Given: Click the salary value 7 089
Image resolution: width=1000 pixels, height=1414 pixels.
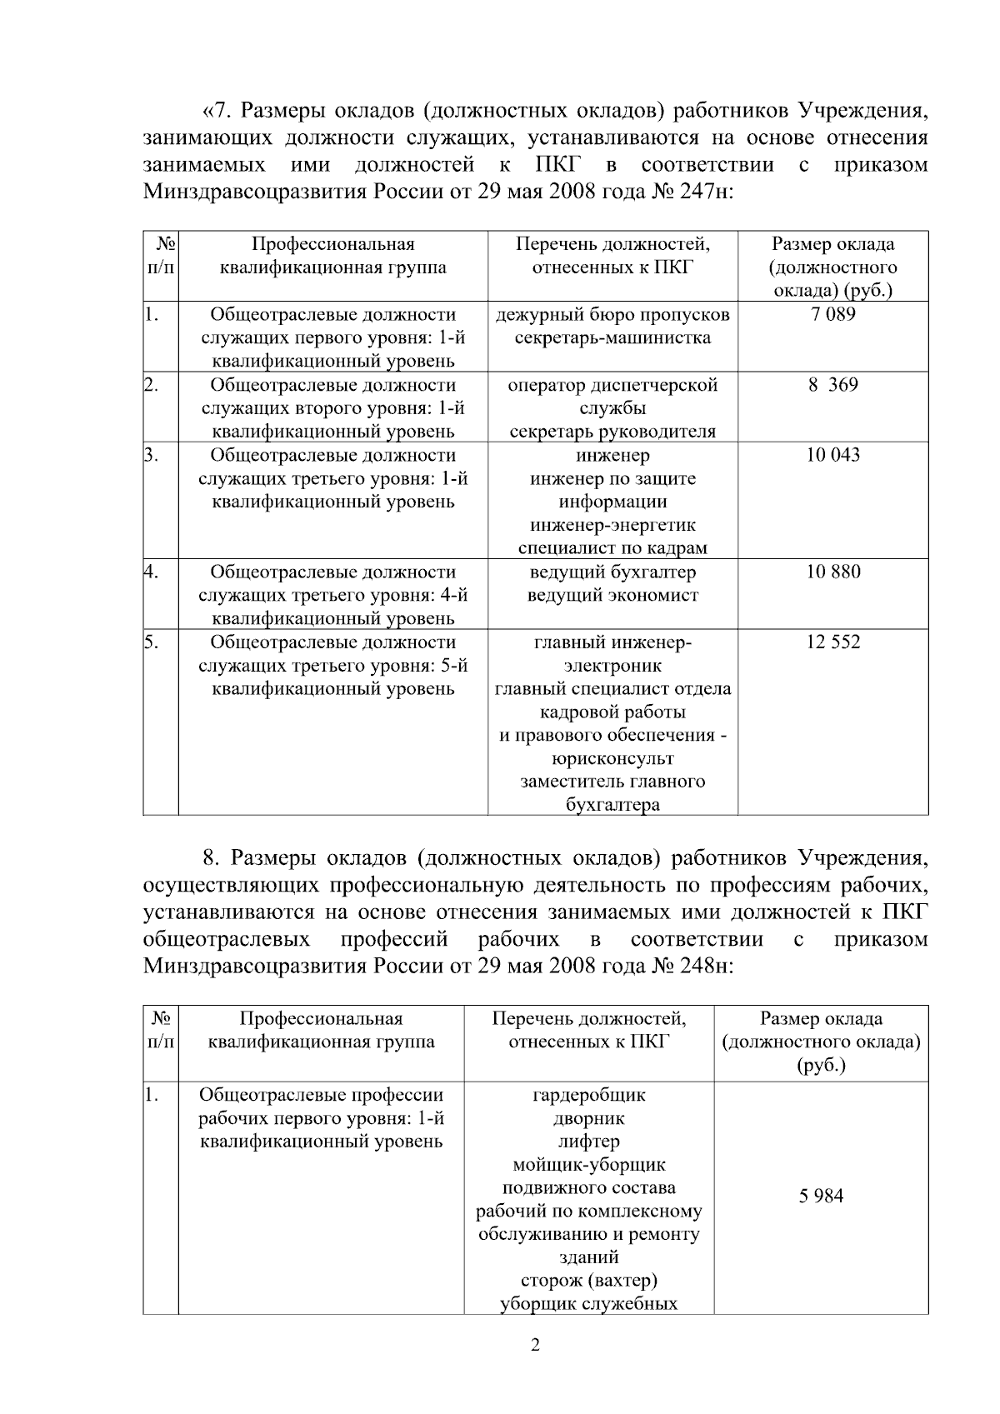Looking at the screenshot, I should [832, 315].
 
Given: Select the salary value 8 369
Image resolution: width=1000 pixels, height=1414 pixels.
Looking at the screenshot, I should [832, 385].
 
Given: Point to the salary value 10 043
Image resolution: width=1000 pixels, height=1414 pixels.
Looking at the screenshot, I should [832, 455].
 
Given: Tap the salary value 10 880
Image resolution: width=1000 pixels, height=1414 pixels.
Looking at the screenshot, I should [832, 572].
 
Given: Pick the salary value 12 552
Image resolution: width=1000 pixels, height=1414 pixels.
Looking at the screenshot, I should [832, 642].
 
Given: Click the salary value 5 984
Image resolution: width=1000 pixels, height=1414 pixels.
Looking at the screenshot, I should [821, 1196].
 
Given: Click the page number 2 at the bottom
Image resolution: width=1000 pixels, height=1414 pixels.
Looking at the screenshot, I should [535, 1345].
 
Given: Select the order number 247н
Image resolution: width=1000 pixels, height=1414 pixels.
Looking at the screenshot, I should [706, 191].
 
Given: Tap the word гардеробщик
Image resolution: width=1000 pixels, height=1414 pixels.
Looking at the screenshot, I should [588, 1094].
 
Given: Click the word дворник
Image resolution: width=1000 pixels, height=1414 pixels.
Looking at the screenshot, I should [588, 1117].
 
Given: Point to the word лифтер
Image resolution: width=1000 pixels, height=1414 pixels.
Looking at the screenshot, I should [588, 1141].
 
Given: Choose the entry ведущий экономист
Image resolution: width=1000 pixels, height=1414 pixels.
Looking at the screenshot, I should [612, 595].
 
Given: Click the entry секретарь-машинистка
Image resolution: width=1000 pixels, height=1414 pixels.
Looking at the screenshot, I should [612, 338].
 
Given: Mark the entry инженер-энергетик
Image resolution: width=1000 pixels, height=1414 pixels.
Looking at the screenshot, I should [612, 525].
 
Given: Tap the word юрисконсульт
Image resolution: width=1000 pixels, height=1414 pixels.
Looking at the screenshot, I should [612, 758].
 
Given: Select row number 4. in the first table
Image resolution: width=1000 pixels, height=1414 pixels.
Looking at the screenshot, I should [152, 572].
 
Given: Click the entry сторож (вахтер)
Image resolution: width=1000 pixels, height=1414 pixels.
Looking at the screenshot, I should [588, 1280].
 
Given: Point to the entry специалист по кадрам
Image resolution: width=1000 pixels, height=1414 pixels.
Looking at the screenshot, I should [612, 548].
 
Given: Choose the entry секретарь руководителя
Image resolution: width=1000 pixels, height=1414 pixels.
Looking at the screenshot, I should [612, 432].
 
